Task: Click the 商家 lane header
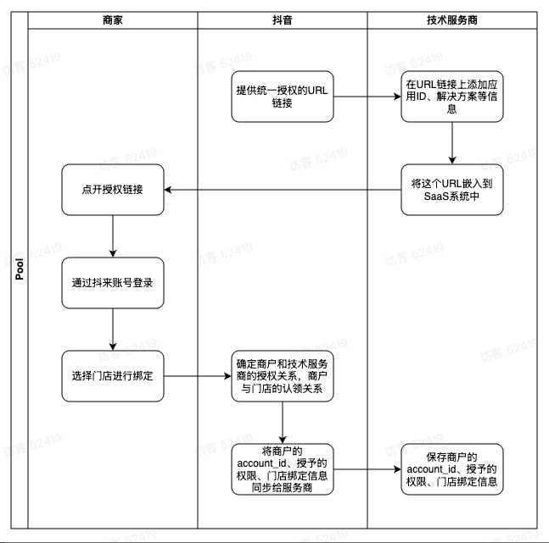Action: pos(112,20)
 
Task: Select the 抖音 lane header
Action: pos(283,20)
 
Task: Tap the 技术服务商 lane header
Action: pos(452,20)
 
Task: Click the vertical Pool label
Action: pos(20,269)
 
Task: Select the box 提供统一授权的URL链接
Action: pos(283,97)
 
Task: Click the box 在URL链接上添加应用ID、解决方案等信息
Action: pos(452,97)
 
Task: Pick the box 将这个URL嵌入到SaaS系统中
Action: pos(452,190)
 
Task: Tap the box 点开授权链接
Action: pos(113,190)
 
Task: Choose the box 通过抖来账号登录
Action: pos(113,283)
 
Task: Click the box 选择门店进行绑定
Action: pos(113,376)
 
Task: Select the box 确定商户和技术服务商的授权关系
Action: pos(283,376)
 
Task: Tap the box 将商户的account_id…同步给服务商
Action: pos(283,469)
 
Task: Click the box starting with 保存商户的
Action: pos(452,469)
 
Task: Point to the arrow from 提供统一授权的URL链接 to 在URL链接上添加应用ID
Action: pos(367,97)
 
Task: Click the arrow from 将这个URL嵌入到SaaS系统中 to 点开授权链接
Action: pos(283,190)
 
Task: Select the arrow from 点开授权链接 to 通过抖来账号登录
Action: pos(113,236)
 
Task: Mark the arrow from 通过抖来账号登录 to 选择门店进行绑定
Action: pos(113,330)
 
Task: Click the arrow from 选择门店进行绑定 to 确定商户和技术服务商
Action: pos(198,376)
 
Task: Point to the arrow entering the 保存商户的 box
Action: pos(367,469)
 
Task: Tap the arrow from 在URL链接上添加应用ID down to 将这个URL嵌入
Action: pos(452,143)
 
